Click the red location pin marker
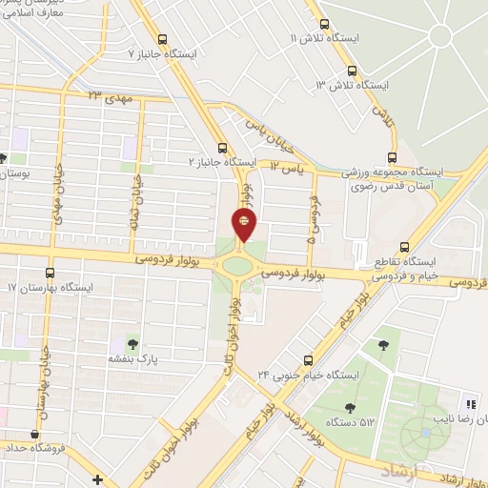pos(245,225)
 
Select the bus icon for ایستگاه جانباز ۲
pos(223,148)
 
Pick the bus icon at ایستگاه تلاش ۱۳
pos(353,71)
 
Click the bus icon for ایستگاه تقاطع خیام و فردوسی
pos(404,244)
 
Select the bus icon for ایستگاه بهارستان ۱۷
pos(49,272)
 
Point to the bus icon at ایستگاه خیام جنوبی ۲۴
pos(308,359)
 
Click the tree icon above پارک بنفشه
pos(131,344)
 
